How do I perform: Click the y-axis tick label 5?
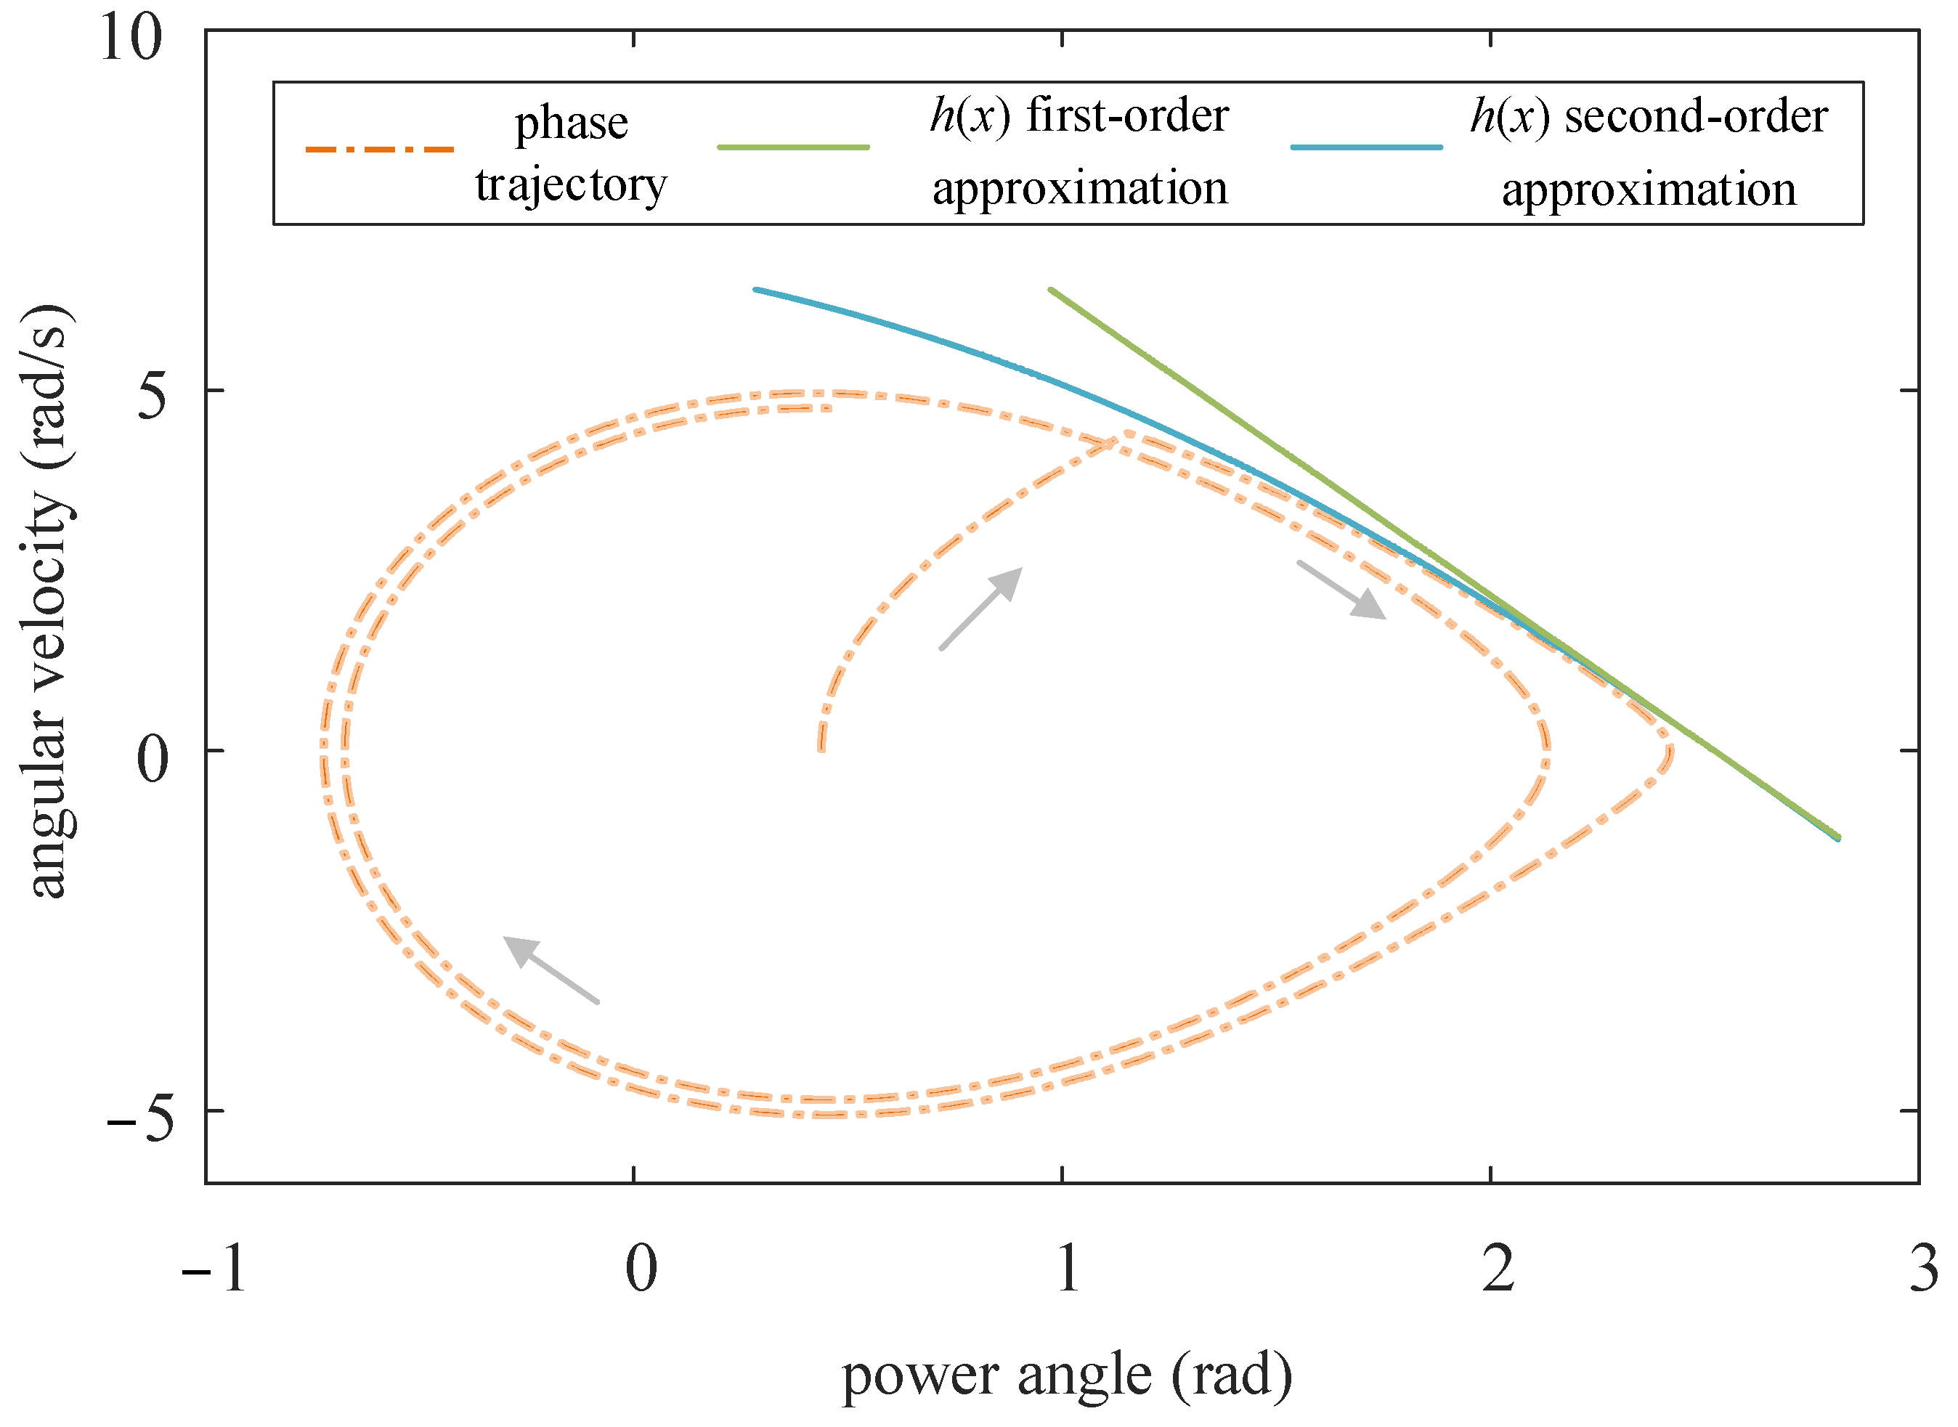pos(152,397)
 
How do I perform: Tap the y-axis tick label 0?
pos(153,758)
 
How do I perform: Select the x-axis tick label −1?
pos(214,1269)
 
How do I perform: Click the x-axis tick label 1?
pos(1068,1269)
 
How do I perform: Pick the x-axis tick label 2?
pos(1498,1269)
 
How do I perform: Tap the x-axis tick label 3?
pos(1923,1269)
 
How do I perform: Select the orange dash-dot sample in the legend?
pos(380,150)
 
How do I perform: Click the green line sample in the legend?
pos(793,147)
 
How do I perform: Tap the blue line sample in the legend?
pos(1366,147)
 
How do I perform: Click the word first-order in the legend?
pos(1127,115)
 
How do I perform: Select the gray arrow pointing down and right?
pos(1341,590)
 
